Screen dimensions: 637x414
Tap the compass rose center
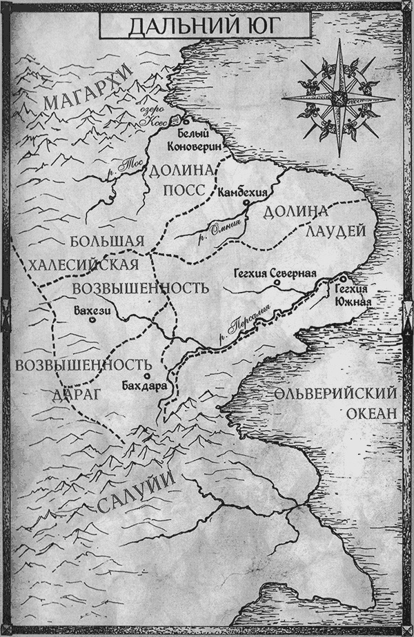point(339,98)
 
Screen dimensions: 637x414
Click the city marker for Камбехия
point(246,204)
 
